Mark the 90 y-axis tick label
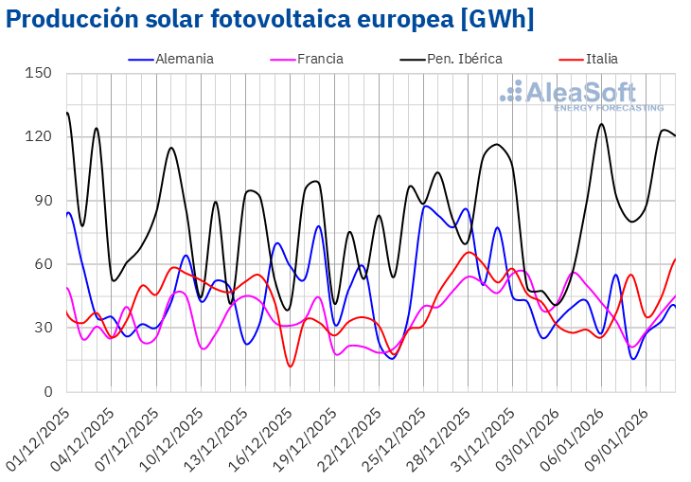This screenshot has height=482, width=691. pos(44,201)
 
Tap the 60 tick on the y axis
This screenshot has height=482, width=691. pos(44,264)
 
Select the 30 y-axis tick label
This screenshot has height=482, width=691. pos(44,328)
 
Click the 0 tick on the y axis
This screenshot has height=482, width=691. pos(48,392)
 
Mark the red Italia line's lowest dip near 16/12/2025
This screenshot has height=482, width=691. pos(291,366)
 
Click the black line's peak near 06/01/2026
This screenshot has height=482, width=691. pos(601,124)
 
